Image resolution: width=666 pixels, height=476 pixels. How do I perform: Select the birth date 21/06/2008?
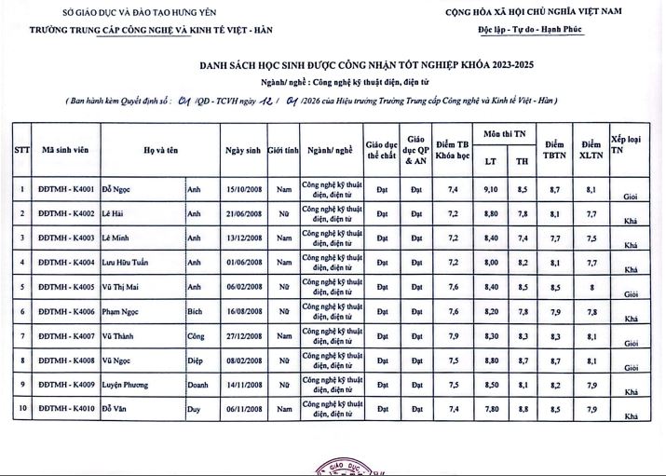(x=244, y=214)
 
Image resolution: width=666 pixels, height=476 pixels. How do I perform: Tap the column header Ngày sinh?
(x=244, y=149)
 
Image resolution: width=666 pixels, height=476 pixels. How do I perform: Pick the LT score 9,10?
(x=491, y=190)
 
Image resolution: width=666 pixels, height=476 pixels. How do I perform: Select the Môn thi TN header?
(x=507, y=135)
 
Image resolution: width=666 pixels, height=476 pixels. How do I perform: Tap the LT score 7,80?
(x=491, y=407)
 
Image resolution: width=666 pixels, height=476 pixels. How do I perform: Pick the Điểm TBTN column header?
(x=555, y=149)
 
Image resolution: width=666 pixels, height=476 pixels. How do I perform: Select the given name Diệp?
(x=196, y=359)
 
